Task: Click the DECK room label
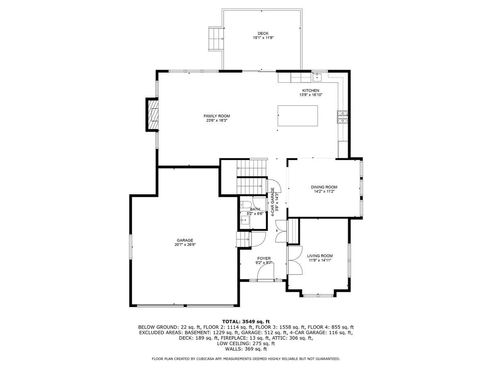263,33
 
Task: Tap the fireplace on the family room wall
153,115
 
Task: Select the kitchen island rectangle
298,116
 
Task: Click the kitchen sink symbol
317,76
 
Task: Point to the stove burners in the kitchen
342,117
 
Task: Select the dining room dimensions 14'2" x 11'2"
324,191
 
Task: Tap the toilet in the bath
246,205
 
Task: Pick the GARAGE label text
185,240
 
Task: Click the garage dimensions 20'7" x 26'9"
185,245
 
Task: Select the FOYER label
264,258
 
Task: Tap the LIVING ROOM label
320,256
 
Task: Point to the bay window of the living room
319,294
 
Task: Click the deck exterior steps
216,38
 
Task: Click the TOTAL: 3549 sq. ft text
246,321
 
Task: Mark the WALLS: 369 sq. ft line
246,349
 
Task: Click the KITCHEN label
310,91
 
